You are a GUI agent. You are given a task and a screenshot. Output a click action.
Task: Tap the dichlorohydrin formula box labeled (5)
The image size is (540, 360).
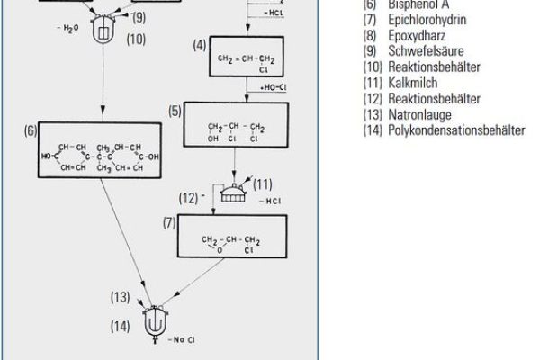tap(235, 124)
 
